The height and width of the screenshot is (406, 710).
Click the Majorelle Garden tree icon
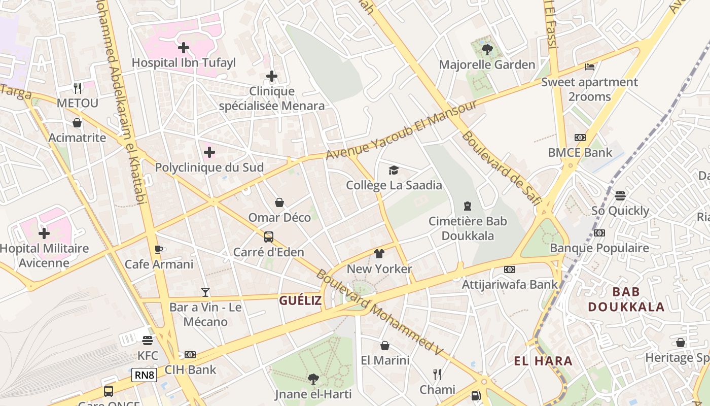[487, 49]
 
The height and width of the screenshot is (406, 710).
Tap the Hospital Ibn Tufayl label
[184, 63]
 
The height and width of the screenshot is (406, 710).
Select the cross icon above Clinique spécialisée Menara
[272, 77]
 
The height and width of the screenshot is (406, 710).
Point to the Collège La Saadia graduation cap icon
[394, 171]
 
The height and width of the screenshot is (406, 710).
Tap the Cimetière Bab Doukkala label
[468, 228]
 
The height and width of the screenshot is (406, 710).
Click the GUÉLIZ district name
[300, 300]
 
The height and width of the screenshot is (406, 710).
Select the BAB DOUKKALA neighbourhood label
[626, 299]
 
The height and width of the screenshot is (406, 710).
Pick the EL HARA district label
[543, 361]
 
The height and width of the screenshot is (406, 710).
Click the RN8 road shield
[144, 375]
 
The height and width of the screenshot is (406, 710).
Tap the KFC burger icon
[148, 341]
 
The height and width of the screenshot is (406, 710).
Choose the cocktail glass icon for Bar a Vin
[205, 292]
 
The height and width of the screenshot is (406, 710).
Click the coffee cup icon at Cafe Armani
[159, 249]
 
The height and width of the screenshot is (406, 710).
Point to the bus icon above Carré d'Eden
[269, 237]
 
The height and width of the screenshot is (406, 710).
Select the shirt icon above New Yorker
[379, 254]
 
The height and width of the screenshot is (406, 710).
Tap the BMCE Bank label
[580, 152]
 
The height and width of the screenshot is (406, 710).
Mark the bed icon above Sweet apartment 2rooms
[589, 66]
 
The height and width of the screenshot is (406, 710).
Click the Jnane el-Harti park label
[313, 394]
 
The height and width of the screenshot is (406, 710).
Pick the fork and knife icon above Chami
[437, 375]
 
